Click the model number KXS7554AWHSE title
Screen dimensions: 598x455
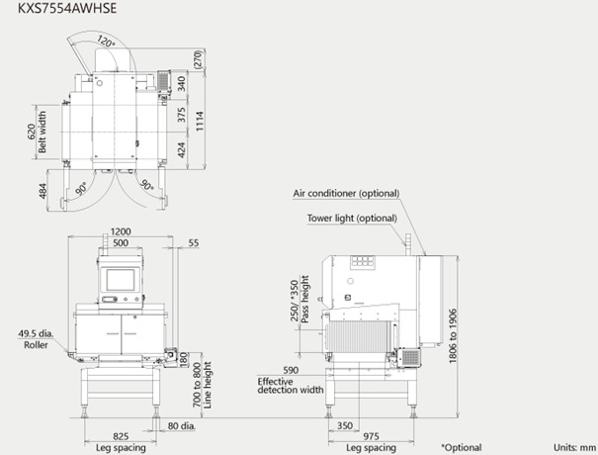pyautogui.click(x=67, y=8)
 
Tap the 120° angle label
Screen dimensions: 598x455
pyautogui.click(x=105, y=41)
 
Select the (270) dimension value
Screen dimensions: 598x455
pyautogui.click(x=198, y=59)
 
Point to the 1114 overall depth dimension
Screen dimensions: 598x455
pyautogui.click(x=200, y=121)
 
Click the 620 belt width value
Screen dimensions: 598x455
pyautogui.click(x=33, y=132)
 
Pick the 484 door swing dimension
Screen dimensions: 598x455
pyautogui.click(x=43, y=191)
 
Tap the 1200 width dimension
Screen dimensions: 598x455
pyautogui.click(x=121, y=231)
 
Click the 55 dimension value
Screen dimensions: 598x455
pyautogui.click(x=194, y=242)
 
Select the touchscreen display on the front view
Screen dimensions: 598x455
pyautogui.click(x=121, y=280)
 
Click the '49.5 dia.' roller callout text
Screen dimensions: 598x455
pyautogui.click(x=36, y=333)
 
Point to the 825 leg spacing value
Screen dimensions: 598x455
pyautogui.click(x=121, y=436)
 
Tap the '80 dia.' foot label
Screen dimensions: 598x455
pyautogui.click(x=182, y=425)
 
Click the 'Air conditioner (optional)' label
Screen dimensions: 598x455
pyautogui.click(x=346, y=194)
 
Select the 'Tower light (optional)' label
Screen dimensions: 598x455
pyautogui.click(x=352, y=219)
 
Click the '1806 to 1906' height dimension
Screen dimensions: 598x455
pyautogui.click(x=453, y=336)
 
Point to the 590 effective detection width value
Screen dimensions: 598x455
pyautogui.click(x=291, y=370)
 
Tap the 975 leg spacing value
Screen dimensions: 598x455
pyautogui.click(x=371, y=436)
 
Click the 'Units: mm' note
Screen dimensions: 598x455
pyautogui.click(x=574, y=447)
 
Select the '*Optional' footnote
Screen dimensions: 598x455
pyautogui.click(x=462, y=447)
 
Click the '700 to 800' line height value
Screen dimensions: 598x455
pyautogui.click(x=197, y=385)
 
